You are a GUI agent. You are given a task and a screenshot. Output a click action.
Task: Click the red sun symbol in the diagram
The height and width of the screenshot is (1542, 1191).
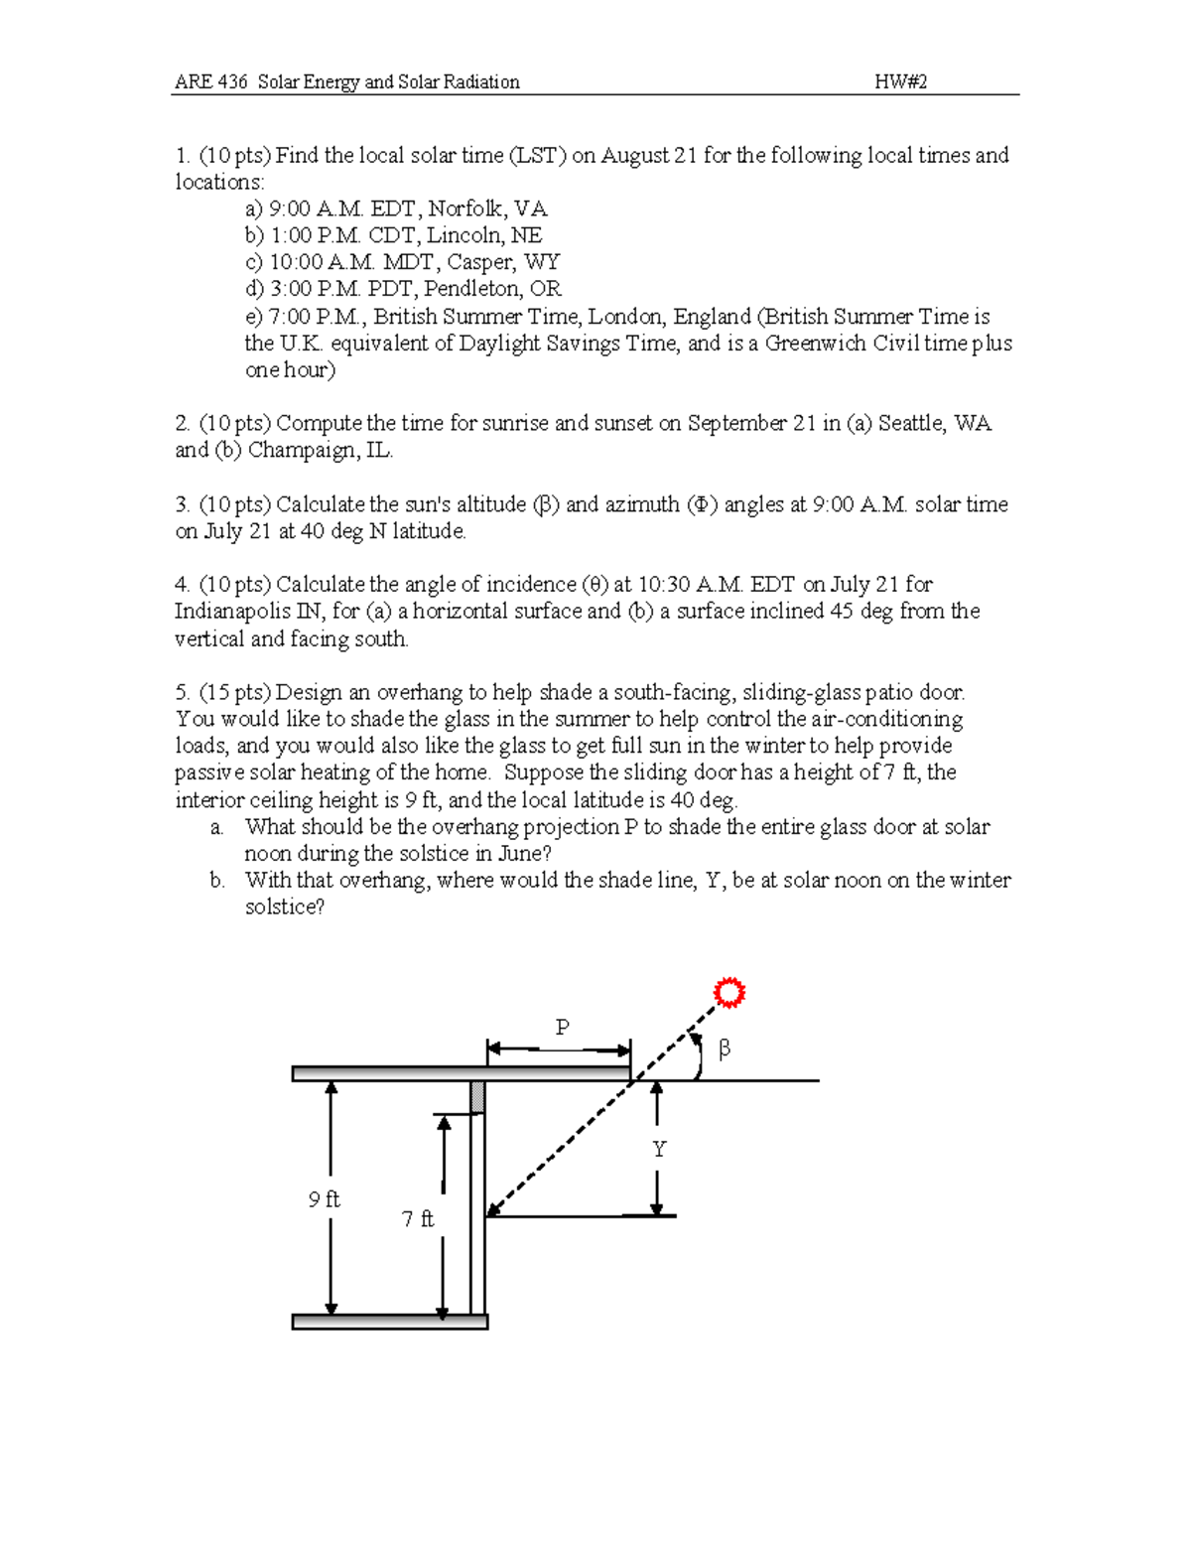pos(729,993)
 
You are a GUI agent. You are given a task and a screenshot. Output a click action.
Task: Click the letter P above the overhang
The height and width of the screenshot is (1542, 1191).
pos(562,1027)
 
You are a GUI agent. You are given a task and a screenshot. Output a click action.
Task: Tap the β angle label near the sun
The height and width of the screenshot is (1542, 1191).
pos(724,1049)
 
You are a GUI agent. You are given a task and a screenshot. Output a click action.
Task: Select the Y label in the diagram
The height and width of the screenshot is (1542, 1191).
pos(658,1149)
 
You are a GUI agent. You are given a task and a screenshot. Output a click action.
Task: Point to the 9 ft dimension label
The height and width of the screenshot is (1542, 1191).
pos(324,1199)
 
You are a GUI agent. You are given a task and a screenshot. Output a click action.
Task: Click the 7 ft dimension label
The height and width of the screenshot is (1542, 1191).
pos(418,1218)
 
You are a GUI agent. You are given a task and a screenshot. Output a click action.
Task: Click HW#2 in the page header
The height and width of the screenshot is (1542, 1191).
pos(900,81)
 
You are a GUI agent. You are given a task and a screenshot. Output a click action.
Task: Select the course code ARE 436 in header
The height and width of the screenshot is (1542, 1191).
pos(210,81)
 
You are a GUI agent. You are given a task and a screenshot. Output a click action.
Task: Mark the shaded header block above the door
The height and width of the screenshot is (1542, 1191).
pos(478,1097)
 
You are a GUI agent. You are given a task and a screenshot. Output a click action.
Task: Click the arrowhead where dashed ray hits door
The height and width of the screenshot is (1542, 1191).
pos(492,1208)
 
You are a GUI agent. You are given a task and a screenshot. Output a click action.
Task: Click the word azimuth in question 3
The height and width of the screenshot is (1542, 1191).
pos(639,504)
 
